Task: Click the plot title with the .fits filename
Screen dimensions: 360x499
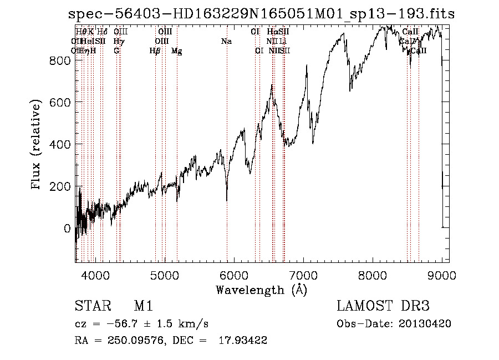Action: coord(261,14)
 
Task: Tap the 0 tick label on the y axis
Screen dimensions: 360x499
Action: coord(67,229)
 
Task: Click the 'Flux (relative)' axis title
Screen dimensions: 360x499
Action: coord(37,145)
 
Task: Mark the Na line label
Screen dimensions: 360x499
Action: coord(226,41)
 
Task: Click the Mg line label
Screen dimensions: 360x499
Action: coord(176,51)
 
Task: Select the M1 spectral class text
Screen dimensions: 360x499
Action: coord(144,307)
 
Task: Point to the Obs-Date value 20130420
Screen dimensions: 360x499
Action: coord(425,323)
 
